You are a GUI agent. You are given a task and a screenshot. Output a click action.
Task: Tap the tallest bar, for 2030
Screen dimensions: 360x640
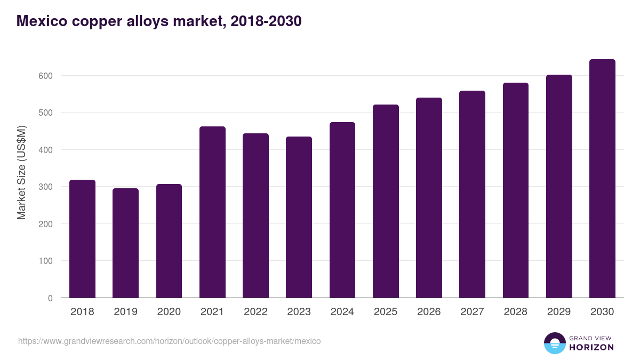click(x=602, y=179)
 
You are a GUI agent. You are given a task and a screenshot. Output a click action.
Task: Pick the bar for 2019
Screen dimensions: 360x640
click(x=125, y=243)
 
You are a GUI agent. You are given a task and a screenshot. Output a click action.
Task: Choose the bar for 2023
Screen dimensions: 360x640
click(x=299, y=217)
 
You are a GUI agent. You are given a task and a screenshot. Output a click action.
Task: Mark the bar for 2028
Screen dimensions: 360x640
click(x=516, y=190)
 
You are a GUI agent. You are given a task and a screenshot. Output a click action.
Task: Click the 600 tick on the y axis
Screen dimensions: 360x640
click(x=46, y=76)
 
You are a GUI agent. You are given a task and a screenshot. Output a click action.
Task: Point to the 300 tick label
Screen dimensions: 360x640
click(x=46, y=187)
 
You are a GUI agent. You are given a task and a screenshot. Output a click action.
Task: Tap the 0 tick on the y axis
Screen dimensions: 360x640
click(x=50, y=298)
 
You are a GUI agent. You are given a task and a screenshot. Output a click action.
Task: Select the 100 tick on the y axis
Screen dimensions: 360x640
click(x=46, y=261)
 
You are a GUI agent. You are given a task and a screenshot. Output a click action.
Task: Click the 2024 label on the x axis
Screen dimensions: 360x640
click(x=342, y=312)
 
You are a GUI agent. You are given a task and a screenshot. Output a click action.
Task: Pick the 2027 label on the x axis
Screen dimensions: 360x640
click(x=472, y=312)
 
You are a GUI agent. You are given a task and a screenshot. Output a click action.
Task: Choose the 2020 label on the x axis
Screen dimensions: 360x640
click(x=169, y=312)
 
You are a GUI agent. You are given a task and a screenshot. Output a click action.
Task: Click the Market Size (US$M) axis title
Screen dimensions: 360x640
click(x=21, y=172)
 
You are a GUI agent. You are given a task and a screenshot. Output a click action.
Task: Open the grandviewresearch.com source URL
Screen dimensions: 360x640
click(x=170, y=341)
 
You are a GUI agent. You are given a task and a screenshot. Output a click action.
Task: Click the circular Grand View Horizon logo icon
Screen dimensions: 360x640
click(x=554, y=343)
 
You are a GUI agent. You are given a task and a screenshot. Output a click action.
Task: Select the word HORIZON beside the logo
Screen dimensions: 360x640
click(x=591, y=347)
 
